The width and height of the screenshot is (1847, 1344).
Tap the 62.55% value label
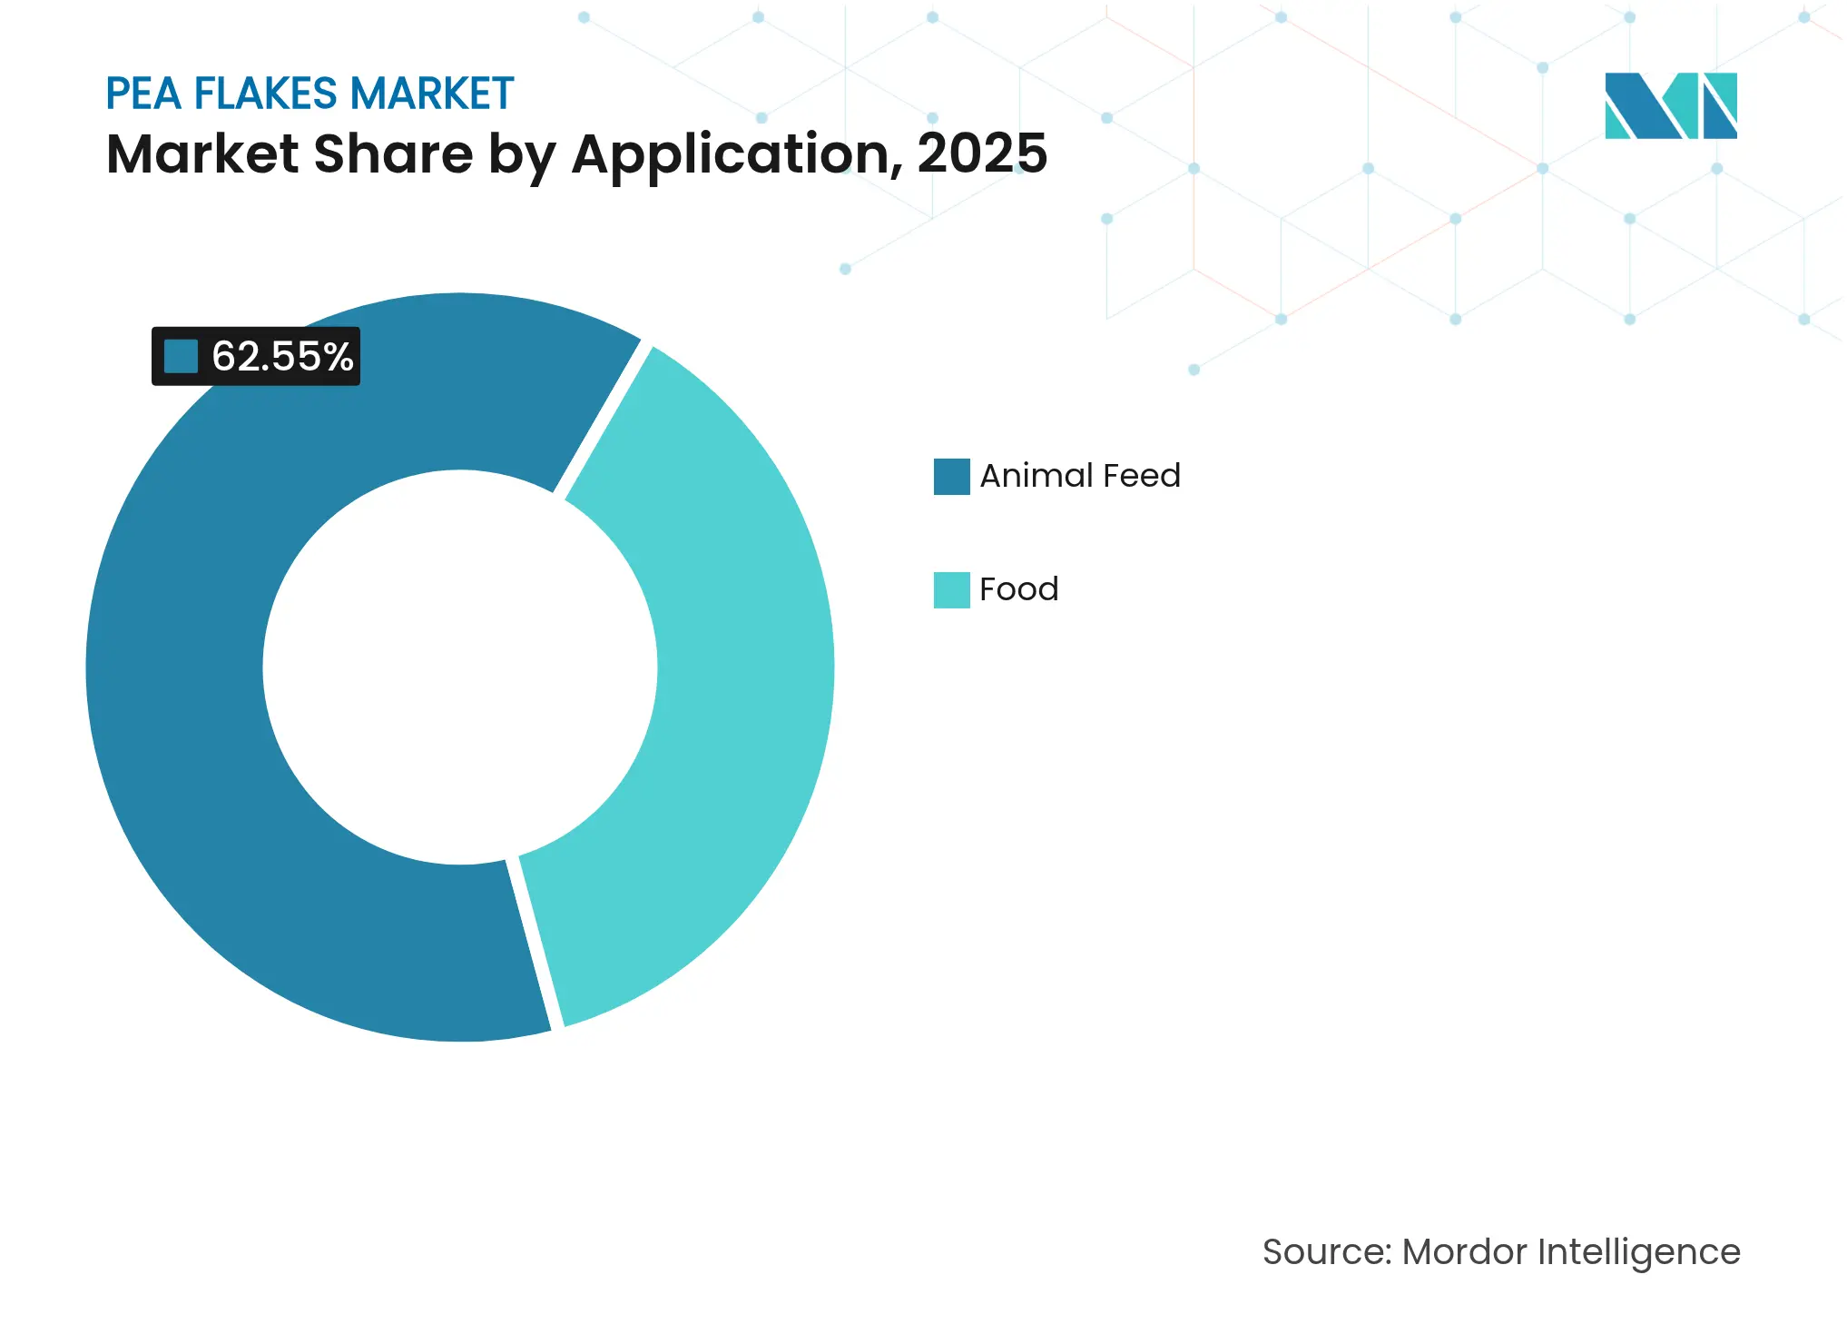281,357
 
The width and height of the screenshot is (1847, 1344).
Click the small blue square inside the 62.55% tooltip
181,356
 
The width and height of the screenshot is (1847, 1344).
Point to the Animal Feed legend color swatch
951,476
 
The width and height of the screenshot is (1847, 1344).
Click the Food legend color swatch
951,589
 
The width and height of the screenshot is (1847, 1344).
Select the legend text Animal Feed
1079,476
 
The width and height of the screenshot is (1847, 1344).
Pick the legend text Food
1018,589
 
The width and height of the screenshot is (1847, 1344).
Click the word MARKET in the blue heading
432,94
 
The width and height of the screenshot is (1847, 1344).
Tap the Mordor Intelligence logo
1670,106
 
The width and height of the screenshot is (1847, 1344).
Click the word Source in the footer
1325,1251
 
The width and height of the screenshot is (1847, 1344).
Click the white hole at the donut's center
460,667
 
